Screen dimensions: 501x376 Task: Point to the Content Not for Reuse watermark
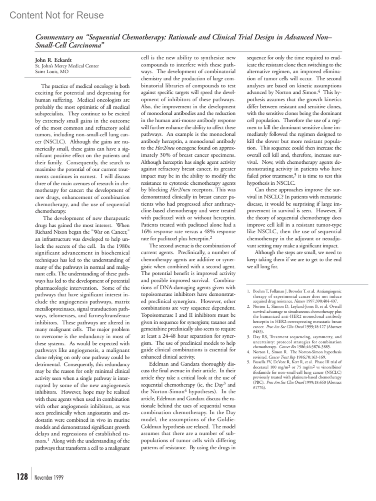click(x=57, y=15)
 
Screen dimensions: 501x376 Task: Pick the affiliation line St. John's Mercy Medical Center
click(x=67, y=66)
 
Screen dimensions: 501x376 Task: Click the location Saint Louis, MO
click(x=52, y=71)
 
